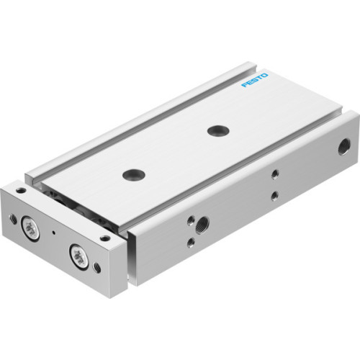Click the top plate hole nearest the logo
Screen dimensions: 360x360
[x=215, y=130]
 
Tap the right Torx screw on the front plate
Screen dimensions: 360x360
[x=77, y=252]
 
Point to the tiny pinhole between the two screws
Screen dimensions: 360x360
[x=55, y=234]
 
